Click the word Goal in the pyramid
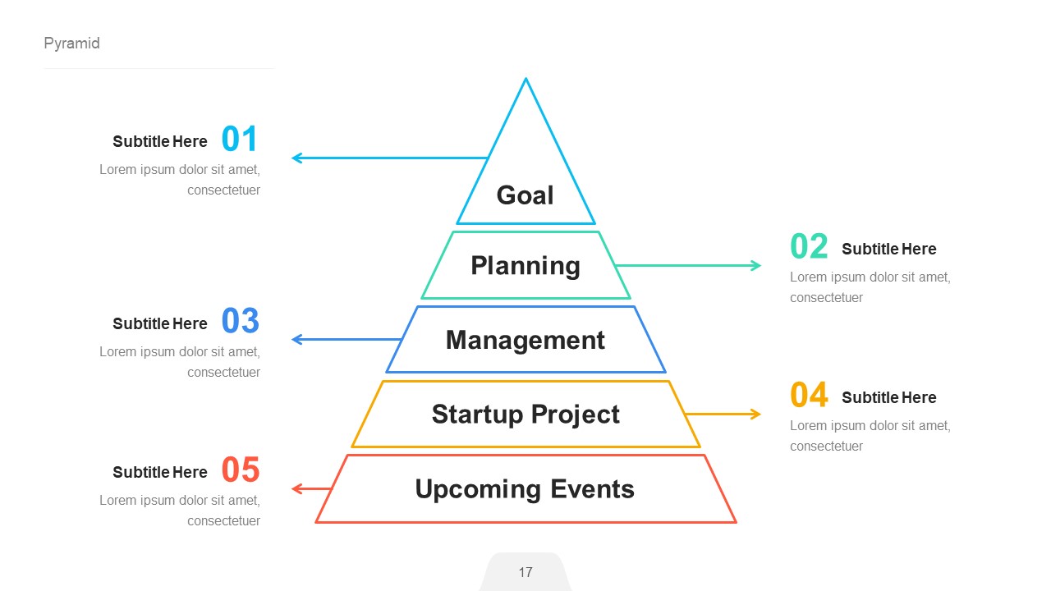coord(525,195)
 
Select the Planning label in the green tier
coord(525,265)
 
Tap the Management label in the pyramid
coord(525,340)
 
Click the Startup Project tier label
coord(525,414)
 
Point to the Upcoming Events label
coord(525,489)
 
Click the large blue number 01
coord(240,140)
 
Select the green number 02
coord(810,246)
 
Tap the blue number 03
coord(240,321)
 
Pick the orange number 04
coord(810,395)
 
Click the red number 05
coord(240,470)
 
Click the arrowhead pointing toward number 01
coord(296,158)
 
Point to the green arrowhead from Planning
coord(756,265)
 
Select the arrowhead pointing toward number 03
coord(296,339)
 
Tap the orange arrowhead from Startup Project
coord(756,414)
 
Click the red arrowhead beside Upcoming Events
coord(296,489)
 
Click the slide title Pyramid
coord(71,44)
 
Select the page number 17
coord(525,572)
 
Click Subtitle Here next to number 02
coord(888,249)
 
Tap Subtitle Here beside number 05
coord(160,472)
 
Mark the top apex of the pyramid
coord(525,80)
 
